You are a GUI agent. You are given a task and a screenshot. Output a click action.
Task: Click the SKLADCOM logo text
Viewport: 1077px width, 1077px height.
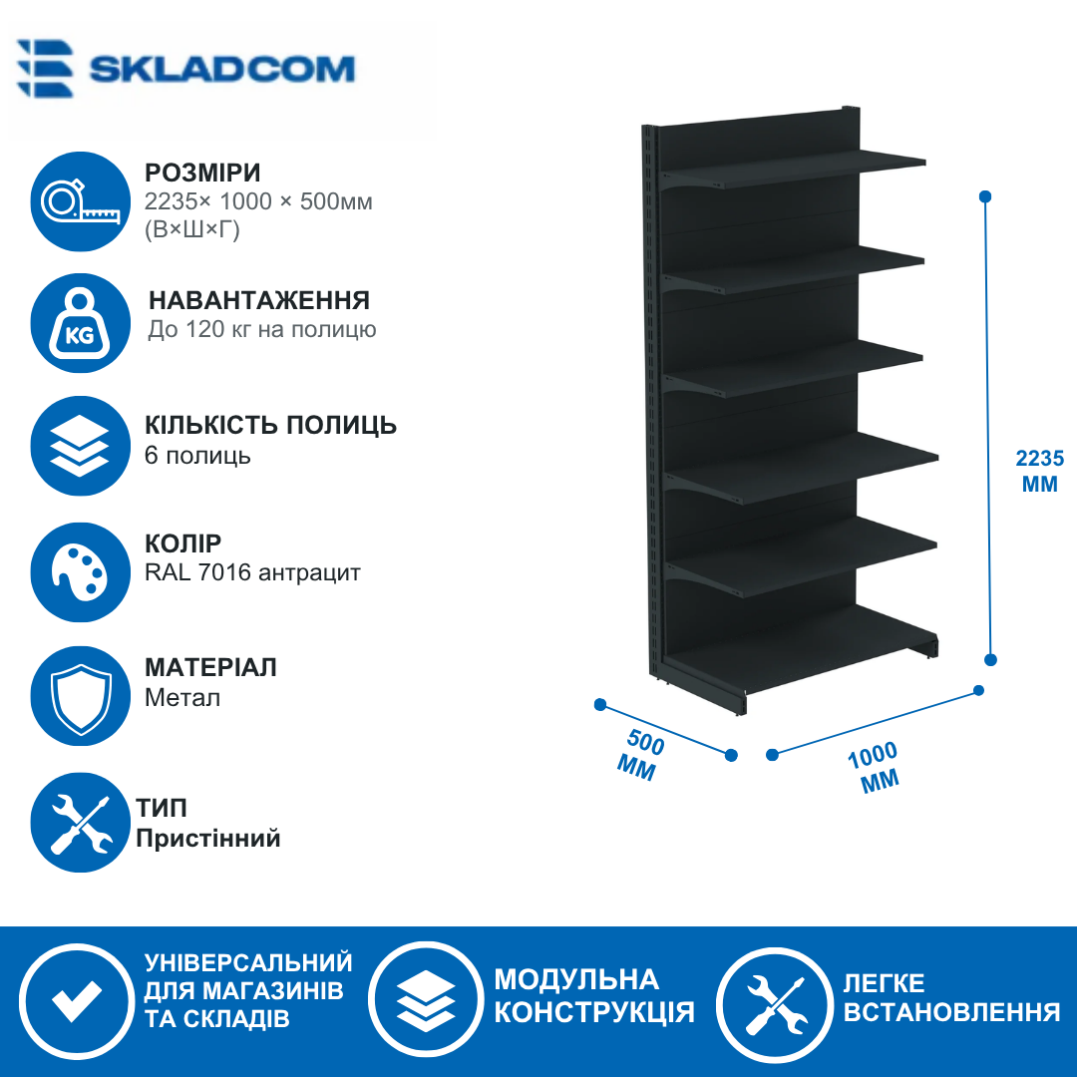pos(221,70)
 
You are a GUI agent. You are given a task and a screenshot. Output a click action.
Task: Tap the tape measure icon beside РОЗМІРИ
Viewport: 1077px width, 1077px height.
pos(81,201)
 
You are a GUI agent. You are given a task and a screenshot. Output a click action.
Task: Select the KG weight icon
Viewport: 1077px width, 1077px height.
pos(81,323)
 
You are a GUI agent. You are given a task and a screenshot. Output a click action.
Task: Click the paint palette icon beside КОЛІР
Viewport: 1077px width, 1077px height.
pos(81,572)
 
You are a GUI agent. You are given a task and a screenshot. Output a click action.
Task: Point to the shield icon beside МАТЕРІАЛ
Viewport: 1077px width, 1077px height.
pos(81,696)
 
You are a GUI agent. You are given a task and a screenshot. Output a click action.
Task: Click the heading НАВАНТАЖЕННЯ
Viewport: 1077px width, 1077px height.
pos(259,300)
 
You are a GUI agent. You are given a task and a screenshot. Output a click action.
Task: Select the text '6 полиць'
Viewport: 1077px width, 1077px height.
pos(197,456)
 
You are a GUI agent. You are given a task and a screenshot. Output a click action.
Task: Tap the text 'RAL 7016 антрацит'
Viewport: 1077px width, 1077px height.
pos(252,572)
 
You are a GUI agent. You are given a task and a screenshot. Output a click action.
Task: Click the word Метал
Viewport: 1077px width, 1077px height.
pos(182,698)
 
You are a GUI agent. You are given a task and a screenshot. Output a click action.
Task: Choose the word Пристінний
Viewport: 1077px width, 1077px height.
pos(208,838)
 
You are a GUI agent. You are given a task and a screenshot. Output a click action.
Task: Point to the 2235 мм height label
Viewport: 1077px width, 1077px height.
pos(1040,471)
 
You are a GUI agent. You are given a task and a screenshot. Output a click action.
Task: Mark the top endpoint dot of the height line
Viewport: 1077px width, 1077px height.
pos(985,196)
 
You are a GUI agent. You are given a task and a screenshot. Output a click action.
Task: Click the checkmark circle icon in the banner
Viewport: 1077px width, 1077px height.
pos(76,1001)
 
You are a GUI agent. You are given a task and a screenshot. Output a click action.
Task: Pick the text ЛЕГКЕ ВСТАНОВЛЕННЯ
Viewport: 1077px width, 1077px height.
pos(951,997)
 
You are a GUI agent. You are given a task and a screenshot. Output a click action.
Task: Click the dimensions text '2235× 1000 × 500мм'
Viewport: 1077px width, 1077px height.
pos(258,201)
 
